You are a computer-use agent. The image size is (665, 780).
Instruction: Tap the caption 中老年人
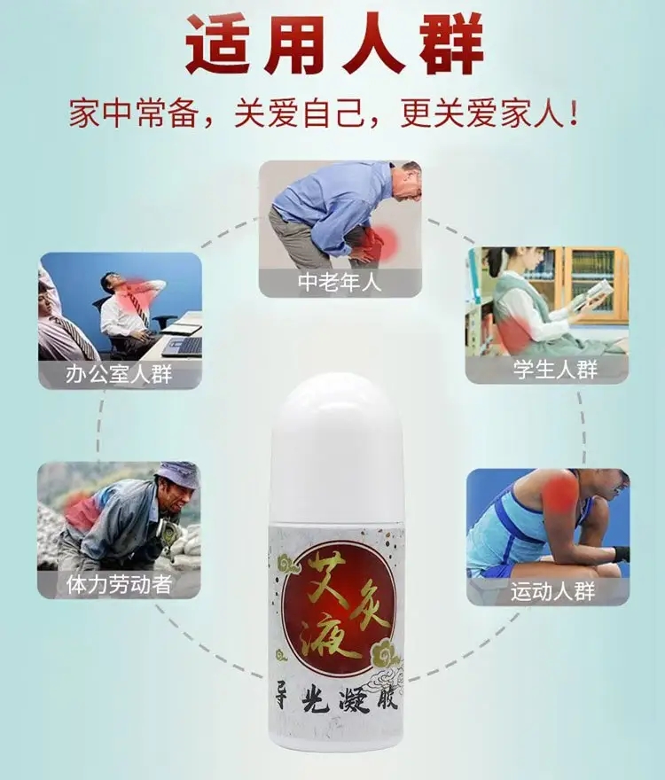340,282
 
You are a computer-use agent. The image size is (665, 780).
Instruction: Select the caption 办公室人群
119,374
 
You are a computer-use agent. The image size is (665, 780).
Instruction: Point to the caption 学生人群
555,370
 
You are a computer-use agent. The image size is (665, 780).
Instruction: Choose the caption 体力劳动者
119,584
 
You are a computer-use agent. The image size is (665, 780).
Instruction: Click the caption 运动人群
553,591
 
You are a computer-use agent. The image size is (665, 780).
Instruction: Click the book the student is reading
593,294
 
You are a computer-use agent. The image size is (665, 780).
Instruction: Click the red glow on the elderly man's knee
379,242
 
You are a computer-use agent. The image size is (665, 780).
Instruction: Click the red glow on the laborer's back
82,510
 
